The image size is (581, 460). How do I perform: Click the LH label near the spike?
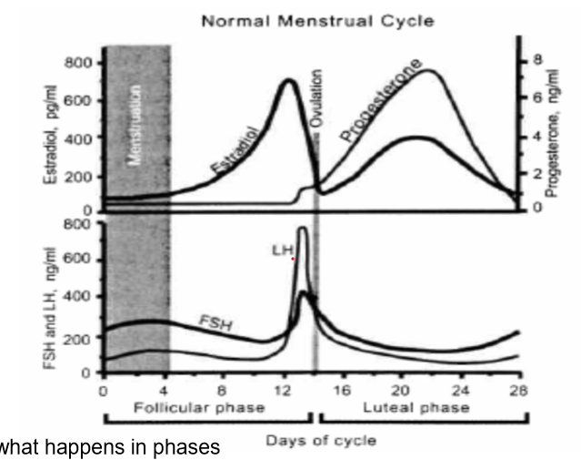[281, 247]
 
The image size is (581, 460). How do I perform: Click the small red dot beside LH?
[293, 260]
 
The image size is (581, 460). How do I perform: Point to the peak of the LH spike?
[301, 230]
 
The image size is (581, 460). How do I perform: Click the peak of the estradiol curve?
[289, 80]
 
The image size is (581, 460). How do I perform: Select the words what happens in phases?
[109, 448]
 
